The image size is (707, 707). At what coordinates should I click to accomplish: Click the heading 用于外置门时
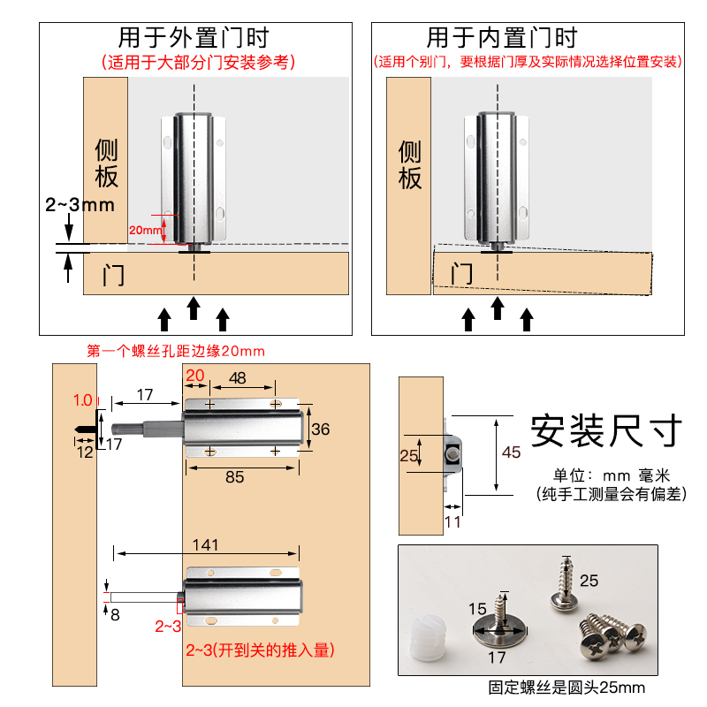point(193,38)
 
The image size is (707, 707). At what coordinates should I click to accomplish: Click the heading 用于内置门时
point(501,38)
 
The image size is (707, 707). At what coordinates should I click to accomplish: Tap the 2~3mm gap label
point(80,205)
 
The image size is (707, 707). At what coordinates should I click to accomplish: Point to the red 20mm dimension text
point(141,229)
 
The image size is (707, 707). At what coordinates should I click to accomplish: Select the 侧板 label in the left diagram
point(107,163)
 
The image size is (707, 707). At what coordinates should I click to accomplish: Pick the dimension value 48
point(238,376)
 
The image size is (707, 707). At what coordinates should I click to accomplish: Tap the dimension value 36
point(322,430)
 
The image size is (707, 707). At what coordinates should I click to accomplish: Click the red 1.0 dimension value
point(83,399)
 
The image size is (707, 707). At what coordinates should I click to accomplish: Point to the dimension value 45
point(512,452)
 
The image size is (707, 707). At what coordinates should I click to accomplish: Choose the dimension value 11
point(452,521)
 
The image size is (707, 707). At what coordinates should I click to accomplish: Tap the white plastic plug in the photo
point(430,642)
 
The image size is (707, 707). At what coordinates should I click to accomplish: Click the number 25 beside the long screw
point(589,581)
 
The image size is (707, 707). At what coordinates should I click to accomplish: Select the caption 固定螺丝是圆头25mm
point(567,688)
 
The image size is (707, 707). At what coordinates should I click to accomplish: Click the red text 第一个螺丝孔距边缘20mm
point(176,351)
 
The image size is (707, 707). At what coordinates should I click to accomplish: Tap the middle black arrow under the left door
point(194,308)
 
